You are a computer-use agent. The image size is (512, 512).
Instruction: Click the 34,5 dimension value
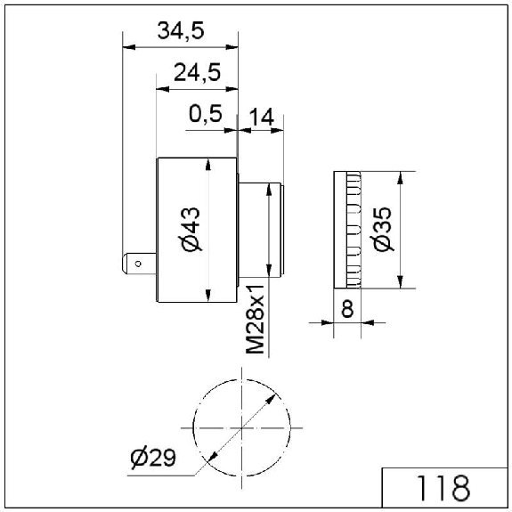[x=181, y=30]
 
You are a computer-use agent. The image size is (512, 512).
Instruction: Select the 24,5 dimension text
[x=197, y=72]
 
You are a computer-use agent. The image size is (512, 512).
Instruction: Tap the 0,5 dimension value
[x=206, y=114]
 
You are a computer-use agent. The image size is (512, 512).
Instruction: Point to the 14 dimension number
[x=261, y=118]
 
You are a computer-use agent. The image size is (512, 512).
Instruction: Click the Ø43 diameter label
[x=191, y=229]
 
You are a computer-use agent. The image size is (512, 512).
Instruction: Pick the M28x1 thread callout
[x=255, y=320]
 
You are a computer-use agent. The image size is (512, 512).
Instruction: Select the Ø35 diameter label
[x=382, y=229]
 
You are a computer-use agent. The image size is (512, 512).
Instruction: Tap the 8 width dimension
[x=347, y=309]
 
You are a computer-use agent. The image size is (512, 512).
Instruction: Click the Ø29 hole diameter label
[x=153, y=457]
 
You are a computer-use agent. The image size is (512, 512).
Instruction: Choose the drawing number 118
[x=444, y=488]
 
